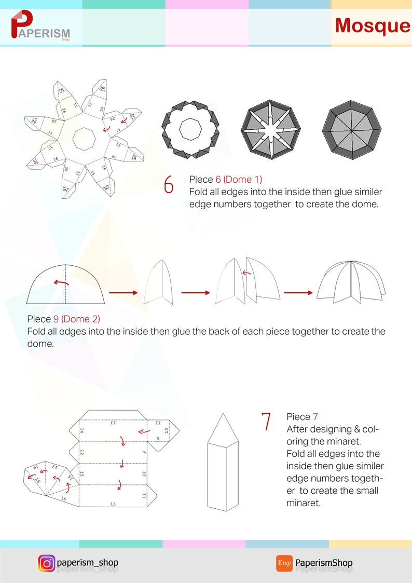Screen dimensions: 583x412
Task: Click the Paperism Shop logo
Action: pos(40,26)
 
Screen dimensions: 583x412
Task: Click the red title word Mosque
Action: pos(372,25)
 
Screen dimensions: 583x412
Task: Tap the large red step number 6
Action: pos(169,185)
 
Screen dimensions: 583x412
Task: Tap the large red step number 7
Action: pos(266,422)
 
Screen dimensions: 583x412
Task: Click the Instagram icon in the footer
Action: pos(46,563)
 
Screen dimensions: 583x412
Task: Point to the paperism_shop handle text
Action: pos(88,562)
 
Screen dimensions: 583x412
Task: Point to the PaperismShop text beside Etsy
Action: pos(324,563)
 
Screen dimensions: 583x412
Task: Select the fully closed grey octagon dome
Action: pos(351,128)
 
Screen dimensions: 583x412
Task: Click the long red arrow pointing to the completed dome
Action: pos(298,293)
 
